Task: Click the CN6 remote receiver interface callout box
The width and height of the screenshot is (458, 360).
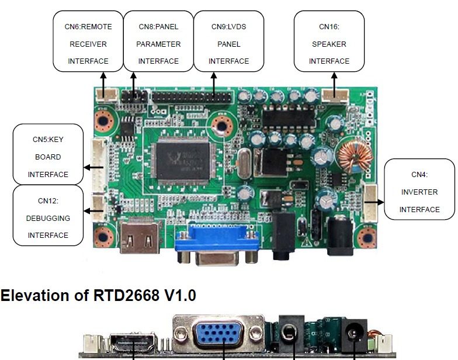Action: tap(88, 44)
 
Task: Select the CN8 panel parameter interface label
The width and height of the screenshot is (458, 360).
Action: tap(158, 44)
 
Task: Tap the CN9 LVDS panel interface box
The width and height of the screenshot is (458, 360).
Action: tap(228, 44)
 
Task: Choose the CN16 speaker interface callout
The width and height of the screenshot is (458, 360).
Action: tap(329, 44)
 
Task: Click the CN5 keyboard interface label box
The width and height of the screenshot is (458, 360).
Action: tap(48, 157)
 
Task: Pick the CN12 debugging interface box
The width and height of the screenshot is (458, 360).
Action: tap(48, 217)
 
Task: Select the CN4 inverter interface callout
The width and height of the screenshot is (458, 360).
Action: tap(419, 192)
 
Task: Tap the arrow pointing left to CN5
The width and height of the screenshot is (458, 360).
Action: tap(93, 167)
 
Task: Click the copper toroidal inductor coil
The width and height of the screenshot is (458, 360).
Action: tap(351, 155)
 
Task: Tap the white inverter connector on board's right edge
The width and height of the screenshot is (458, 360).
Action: tap(370, 202)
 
